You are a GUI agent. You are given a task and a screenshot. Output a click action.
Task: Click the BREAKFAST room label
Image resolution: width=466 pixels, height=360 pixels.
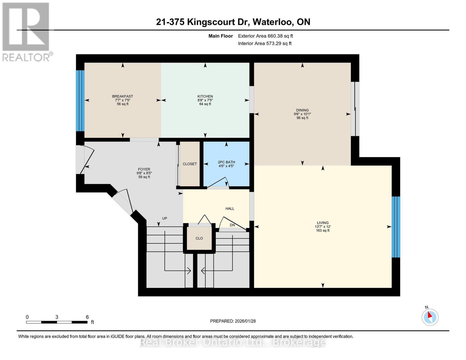click(x=122, y=96)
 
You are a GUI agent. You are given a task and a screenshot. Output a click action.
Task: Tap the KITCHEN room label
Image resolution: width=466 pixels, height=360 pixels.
click(x=205, y=96)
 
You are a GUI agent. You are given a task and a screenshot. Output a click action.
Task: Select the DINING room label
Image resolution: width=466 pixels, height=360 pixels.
click(x=302, y=110)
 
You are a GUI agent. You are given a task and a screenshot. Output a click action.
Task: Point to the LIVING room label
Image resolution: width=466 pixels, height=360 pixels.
click(x=323, y=223)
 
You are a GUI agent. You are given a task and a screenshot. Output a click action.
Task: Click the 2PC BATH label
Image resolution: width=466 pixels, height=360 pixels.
click(x=226, y=162)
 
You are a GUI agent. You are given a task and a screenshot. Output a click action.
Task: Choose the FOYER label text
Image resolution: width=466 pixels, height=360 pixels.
click(x=144, y=169)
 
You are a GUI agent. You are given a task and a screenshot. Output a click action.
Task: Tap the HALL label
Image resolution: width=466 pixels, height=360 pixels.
click(x=230, y=208)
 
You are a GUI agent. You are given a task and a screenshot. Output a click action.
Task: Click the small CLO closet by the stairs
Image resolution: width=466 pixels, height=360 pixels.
click(x=199, y=238)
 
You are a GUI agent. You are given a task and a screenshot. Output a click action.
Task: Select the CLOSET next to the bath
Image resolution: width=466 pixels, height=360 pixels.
click(x=190, y=164)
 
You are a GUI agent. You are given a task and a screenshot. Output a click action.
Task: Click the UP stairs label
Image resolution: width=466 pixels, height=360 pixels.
click(x=164, y=218)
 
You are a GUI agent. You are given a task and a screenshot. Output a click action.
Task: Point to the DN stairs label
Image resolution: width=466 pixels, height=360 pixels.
click(x=232, y=225)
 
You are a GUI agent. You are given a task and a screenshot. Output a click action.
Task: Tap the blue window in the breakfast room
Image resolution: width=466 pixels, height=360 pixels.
click(x=80, y=100)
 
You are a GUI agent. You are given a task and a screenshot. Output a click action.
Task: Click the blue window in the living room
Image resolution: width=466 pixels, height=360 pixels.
click(x=396, y=227)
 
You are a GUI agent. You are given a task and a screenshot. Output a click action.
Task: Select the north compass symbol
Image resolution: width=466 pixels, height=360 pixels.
click(x=430, y=317)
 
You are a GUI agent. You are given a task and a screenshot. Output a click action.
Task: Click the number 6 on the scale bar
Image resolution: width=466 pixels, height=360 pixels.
click(x=87, y=317)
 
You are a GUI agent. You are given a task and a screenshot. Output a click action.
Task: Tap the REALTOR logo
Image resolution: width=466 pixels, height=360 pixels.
click(x=27, y=32)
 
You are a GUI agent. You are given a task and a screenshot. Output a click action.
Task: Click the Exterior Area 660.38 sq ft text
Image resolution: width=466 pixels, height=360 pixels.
click(x=265, y=36)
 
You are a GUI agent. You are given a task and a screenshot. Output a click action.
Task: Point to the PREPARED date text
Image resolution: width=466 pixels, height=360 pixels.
click(x=233, y=321)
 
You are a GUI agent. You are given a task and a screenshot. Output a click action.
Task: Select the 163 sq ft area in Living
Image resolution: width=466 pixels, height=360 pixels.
click(x=323, y=230)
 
